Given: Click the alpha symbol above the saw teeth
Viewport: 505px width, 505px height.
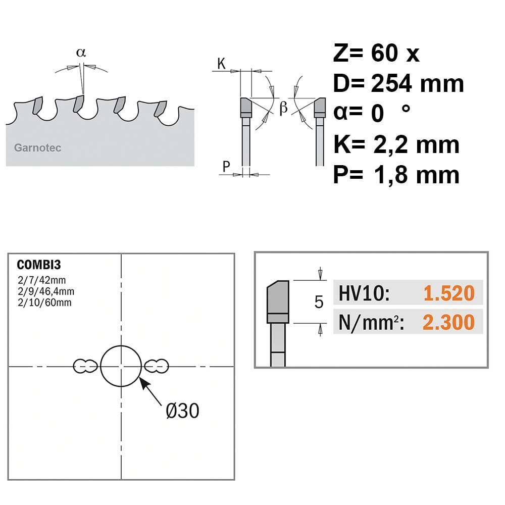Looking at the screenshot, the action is (x=81, y=53).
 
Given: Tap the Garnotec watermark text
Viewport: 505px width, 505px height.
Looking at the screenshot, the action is (x=38, y=148).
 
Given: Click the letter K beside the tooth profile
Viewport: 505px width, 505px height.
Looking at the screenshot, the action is (x=221, y=64).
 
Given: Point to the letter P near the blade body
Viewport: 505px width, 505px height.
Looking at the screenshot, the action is (x=226, y=167).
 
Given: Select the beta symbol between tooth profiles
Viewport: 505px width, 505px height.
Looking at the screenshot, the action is (x=283, y=107).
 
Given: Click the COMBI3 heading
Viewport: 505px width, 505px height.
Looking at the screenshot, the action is (x=39, y=265).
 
